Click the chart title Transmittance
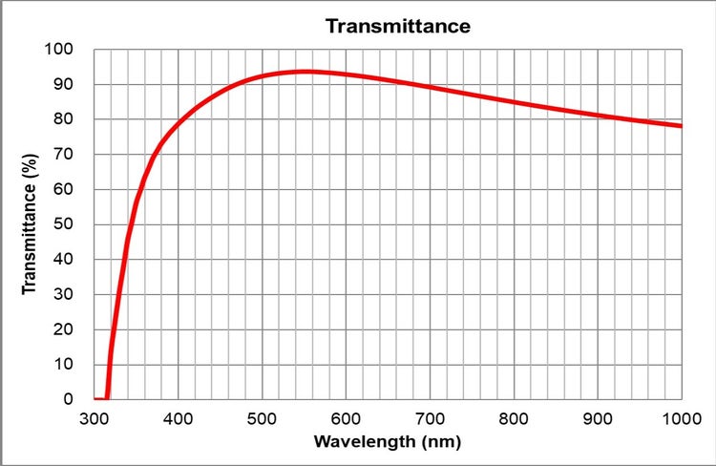[398, 26]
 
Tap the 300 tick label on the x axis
[95, 418]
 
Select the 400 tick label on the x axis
[179, 418]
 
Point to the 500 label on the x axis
[263, 418]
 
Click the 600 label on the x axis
[347, 418]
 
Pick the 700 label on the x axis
[431, 418]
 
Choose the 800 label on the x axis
[515, 418]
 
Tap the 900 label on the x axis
[599, 418]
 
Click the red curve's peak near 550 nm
[305, 72]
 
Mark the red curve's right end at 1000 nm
[681, 126]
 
